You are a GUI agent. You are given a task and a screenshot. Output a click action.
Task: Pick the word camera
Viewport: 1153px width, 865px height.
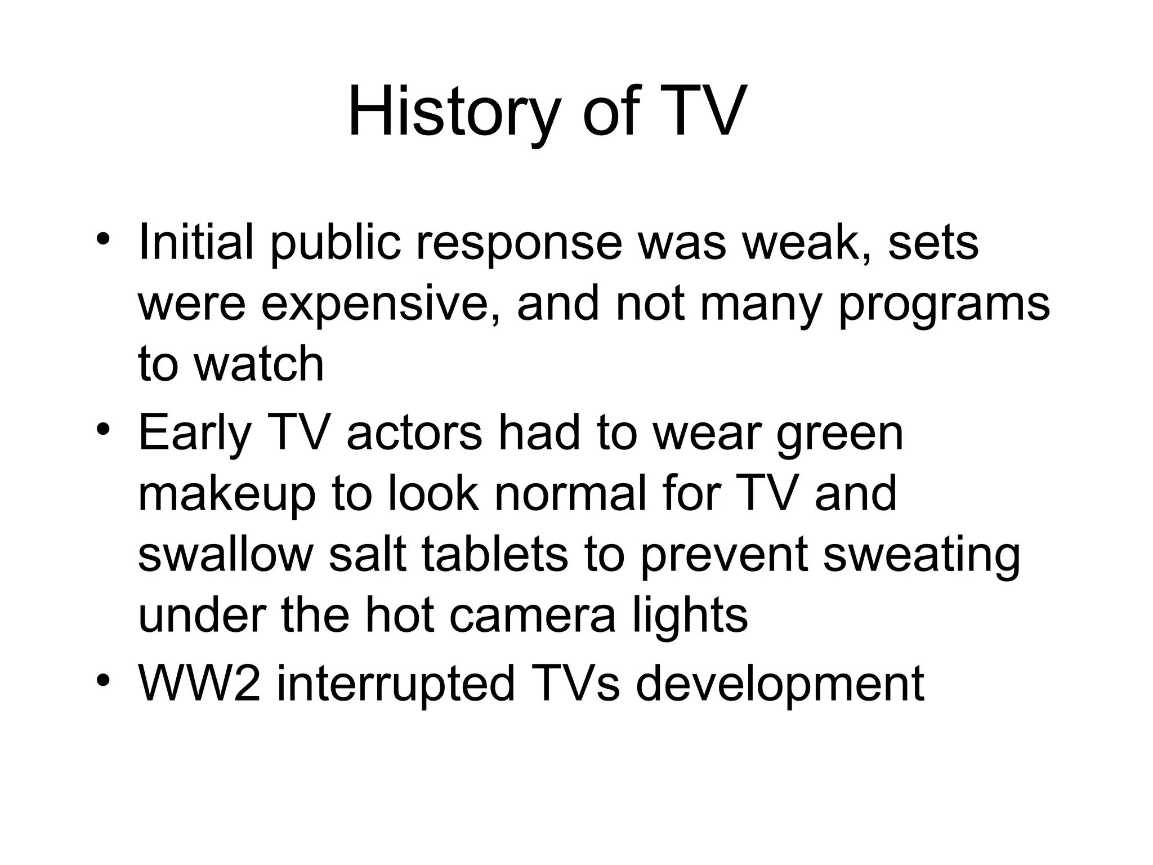[x=533, y=616]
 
